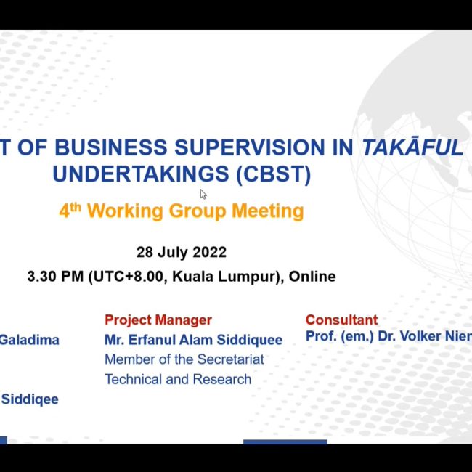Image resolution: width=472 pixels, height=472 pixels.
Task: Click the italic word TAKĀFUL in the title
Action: [x=412, y=147]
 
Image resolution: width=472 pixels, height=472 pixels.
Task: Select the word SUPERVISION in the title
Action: [x=249, y=147]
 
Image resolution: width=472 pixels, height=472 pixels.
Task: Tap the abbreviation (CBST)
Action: [x=273, y=174]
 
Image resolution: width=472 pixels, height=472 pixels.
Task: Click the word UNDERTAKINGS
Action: [x=141, y=174]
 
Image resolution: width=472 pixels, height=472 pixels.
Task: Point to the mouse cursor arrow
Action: [x=203, y=194]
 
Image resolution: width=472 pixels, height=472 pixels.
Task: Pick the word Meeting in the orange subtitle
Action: [x=268, y=211]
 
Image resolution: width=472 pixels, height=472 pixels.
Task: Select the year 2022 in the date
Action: [x=209, y=252]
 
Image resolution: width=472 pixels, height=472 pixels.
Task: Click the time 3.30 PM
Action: [x=55, y=277]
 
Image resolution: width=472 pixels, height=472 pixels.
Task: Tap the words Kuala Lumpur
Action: [x=225, y=277]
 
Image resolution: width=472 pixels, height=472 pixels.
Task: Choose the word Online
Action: [x=312, y=277]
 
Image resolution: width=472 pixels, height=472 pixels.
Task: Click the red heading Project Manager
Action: [x=158, y=320]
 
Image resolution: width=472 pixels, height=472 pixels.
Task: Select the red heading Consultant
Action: [x=341, y=320]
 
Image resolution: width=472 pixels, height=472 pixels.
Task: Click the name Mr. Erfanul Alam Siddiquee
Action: [x=193, y=340]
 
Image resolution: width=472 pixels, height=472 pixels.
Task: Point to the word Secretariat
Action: [x=231, y=359]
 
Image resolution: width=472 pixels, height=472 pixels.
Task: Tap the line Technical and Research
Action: [x=178, y=379]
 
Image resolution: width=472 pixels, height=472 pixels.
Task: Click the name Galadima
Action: [x=30, y=340]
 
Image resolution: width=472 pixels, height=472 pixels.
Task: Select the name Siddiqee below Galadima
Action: [x=30, y=399]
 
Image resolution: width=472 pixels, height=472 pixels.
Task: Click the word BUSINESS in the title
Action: [x=110, y=147]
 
